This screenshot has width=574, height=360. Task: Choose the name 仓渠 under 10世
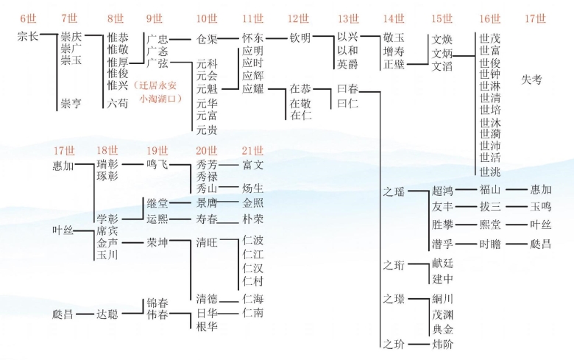[x=207, y=38]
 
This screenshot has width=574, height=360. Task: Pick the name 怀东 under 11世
[x=252, y=38]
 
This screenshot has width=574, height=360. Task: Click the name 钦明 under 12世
[x=300, y=38]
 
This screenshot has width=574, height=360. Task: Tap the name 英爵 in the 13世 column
[x=347, y=65]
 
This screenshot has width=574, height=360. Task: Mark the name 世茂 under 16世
[x=489, y=38]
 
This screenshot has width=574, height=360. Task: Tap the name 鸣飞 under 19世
[x=157, y=165]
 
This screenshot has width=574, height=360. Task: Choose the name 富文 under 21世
[x=252, y=165]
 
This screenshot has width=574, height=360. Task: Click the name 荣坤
[x=157, y=241]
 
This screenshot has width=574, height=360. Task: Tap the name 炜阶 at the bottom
[x=442, y=343]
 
